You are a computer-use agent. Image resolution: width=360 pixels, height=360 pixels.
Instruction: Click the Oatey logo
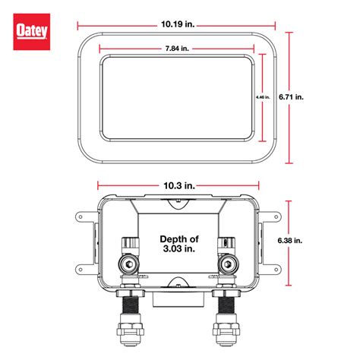(x=31, y=31)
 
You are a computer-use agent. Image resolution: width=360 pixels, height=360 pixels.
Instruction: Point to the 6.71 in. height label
(x=310, y=97)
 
